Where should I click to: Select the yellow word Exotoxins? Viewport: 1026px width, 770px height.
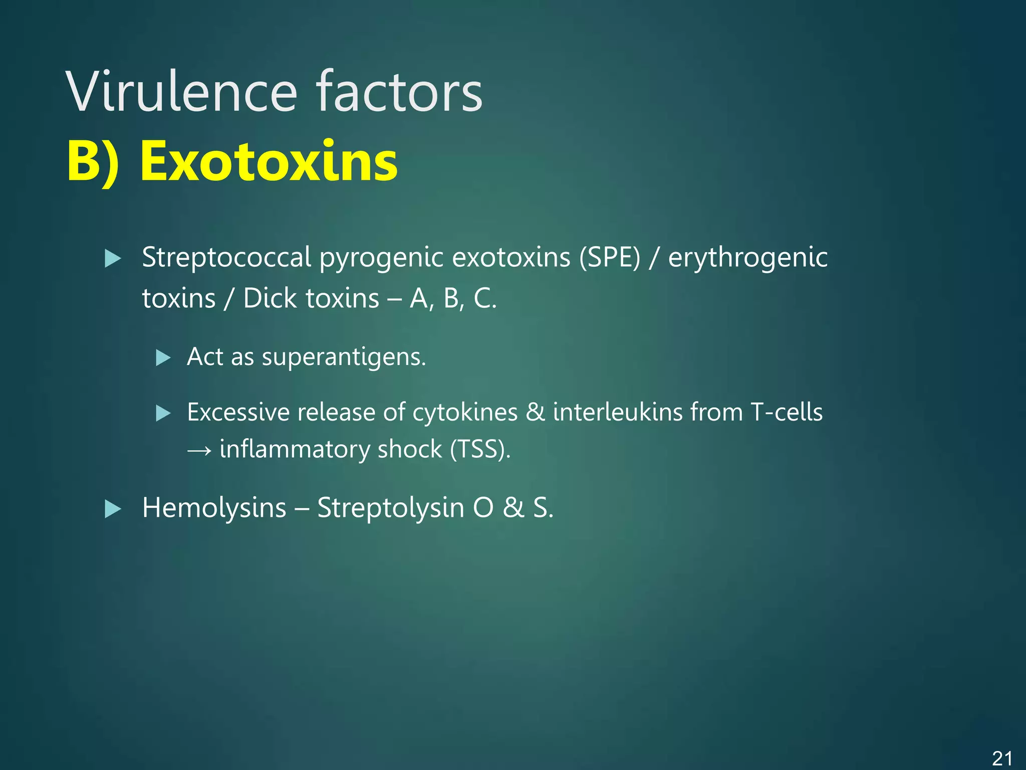269,161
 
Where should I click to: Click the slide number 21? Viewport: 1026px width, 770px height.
1002,758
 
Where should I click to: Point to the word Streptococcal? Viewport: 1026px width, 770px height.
226,258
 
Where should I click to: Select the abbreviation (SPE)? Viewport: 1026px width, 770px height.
610,258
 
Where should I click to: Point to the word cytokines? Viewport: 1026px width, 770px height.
465,413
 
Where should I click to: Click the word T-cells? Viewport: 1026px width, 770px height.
786,413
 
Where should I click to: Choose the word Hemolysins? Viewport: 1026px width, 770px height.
214,508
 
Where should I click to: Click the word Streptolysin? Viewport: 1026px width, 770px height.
391,508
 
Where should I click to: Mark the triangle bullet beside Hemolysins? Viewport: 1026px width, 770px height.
113,509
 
